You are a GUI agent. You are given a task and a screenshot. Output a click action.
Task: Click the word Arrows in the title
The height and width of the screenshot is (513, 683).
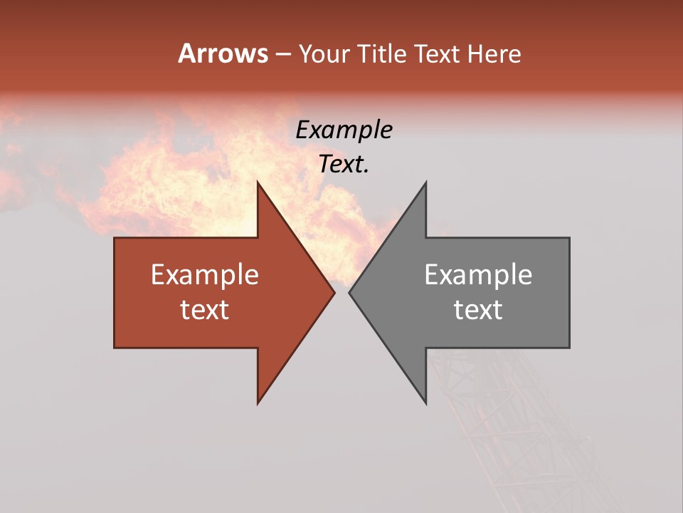coord(223,53)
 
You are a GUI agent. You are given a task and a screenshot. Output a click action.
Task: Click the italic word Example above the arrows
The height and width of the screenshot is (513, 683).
coord(344,130)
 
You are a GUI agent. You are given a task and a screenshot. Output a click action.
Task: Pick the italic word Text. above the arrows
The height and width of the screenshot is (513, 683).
coord(344,165)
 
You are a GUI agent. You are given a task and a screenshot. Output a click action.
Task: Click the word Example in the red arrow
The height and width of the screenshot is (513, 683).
coord(205,275)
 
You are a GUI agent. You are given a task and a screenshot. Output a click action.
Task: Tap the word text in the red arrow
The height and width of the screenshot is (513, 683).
coord(205,310)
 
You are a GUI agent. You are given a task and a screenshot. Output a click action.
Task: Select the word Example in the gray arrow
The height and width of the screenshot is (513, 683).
coord(478,275)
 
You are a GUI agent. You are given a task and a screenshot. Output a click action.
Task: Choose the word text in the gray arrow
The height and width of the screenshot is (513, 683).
coord(478,310)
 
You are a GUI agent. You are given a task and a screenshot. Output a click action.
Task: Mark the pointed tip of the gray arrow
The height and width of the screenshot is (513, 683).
coord(350,292)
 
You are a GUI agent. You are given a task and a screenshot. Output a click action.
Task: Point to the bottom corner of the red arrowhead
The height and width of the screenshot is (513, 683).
coord(258,403)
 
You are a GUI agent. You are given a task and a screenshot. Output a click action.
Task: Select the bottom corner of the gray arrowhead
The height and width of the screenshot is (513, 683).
coord(425,403)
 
